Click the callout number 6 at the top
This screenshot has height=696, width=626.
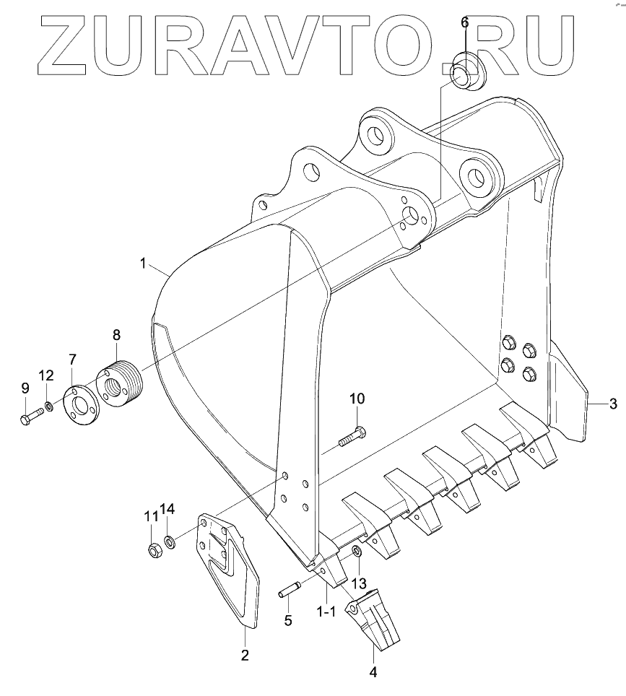[x=464, y=22]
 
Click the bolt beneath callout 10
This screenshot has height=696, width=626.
[x=352, y=436]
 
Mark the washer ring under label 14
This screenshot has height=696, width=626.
[x=168, y=541]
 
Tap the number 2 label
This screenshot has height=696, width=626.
[x=245, y=655]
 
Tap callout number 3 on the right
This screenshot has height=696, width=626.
[x=613, y=403]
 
